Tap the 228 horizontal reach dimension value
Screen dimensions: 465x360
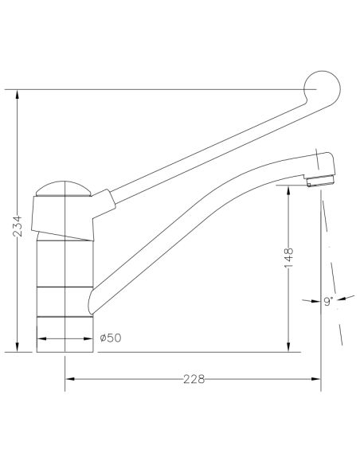[x=193, y=379]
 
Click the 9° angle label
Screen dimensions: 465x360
[x=327, y=301]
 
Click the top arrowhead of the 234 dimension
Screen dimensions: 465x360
[x=18, y=93]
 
